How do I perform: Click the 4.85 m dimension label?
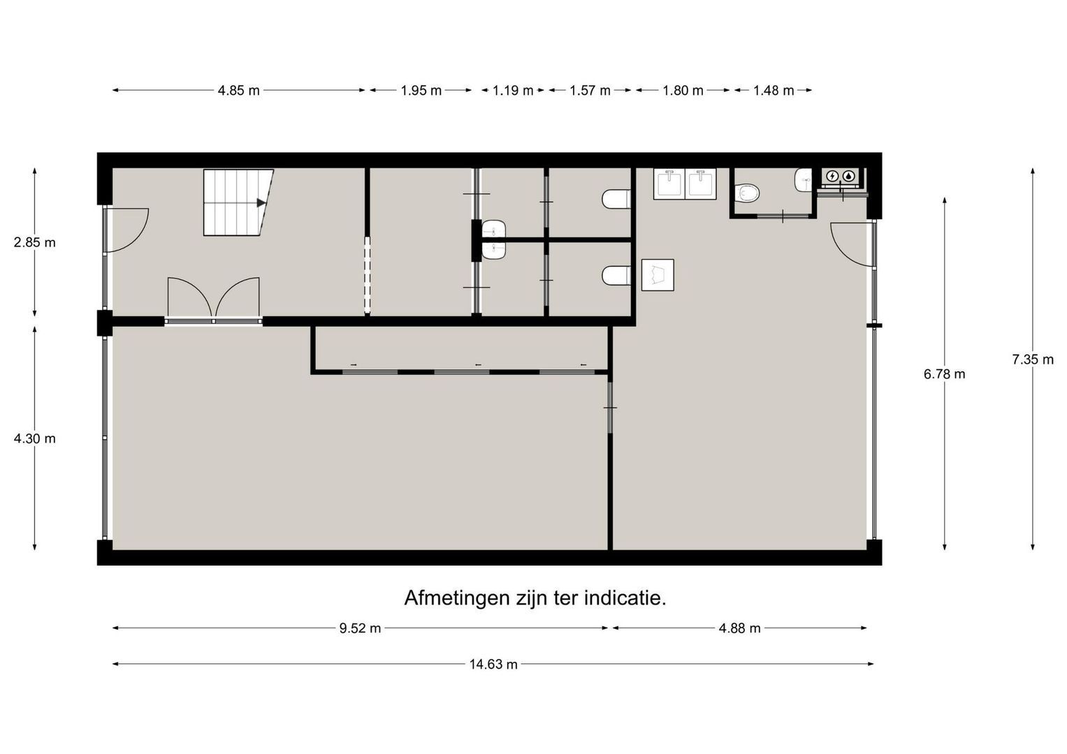pos(239,91)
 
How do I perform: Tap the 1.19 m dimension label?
pos(513,91)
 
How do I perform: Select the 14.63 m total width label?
pos(493,664)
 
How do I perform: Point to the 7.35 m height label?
pos(1033,360)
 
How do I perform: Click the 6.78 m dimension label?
pos(944,374)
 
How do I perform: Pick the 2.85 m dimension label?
pos(34,243)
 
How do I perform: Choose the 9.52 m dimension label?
pos(360,628)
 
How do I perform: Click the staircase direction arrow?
pos(261,202)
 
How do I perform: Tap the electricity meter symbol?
pos(833,176)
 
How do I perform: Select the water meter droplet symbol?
pos(849,176)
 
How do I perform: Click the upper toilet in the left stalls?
pos(616,199)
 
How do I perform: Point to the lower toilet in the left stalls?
pos(616,276)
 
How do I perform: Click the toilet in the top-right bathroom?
pos(747,193)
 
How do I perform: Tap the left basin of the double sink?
pos(669,184)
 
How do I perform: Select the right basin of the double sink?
pos(701,184)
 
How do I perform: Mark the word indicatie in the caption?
pos(625,598)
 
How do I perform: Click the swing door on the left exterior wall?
pos(126,230)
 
